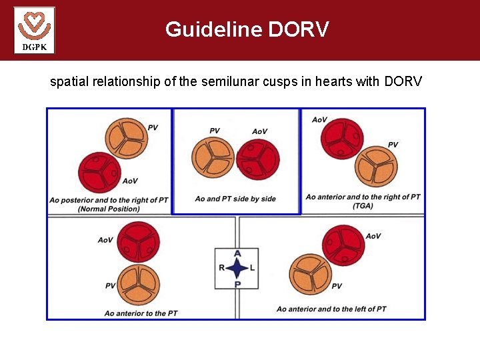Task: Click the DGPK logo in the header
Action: click(x=34, y=30)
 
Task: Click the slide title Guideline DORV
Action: click(x=247, y=29)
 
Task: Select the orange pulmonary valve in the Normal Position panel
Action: click(x=126, y=139)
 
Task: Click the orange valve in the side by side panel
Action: click(x=213, y=157)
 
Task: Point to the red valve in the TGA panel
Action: click(x=342, y=139)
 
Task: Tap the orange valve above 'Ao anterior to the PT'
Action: click(x=138, y=285)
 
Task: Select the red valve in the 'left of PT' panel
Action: click(x=343, y=245)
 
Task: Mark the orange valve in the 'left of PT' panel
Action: click(x=311, y=273)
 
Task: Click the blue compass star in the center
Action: click(x=237, y=268)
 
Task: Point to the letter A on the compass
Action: click(x=237, y=253)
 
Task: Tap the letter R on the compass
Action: click(x=221, y=268)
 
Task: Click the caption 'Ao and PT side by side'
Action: click(x=235, y=199)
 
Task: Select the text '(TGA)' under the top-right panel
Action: click(x=363, y=206)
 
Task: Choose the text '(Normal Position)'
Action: click(x=109, y=209)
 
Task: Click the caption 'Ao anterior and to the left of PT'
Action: click(x=331, y=309)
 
